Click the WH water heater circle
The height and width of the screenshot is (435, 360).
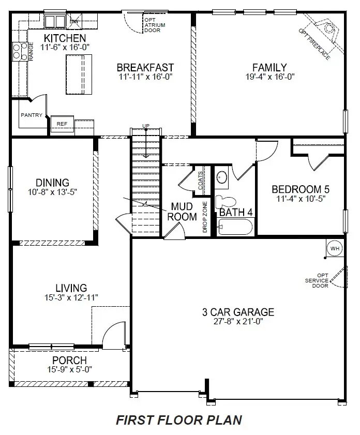pyautogui.click(x=335, y=248)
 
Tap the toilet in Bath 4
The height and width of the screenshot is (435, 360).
pyautogui.click(x=225, y=201)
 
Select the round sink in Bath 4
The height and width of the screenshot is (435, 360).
pyautogui.click(x=221, y=177)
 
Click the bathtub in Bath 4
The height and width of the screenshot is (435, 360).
pyautogui.click(x=235, y=227)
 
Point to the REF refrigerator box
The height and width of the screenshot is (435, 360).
pyautogui.click(x=62, y=124)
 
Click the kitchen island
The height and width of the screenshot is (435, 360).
pyautogui.click(x=79, y=74)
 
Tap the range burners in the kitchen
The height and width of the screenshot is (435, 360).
pyautogui.click(x=20, y=52)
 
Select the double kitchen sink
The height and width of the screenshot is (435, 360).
pyautogui.click(x=55, y=21)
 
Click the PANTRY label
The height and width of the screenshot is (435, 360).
pyautogui.click(x=32, y=115)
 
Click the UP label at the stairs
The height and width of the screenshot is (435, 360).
pyautogui.click(x=146, y=126)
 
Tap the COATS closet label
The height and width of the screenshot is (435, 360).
pyautogui.click(x=200, y=181)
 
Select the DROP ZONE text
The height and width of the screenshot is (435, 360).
pyautogui.click(x=205, y=217)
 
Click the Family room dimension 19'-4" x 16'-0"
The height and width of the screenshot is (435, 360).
pyautogui.click(x=270, y=77)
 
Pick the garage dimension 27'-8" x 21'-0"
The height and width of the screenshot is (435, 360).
pyautogui.click(x=238, y=321)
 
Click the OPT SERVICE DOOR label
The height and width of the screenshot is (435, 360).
pyautogui.click(x=317, y=280)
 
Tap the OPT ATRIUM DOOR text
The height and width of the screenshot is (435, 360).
pyautogui.click(x=155, y=25)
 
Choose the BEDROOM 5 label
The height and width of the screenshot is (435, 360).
pyautogui.click(x=301, y=189)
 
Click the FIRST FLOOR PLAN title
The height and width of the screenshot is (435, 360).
pyautogui.click(x=179, y=420)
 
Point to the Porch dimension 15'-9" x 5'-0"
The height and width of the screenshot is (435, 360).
pyautogui.click(x=70, y=369)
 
